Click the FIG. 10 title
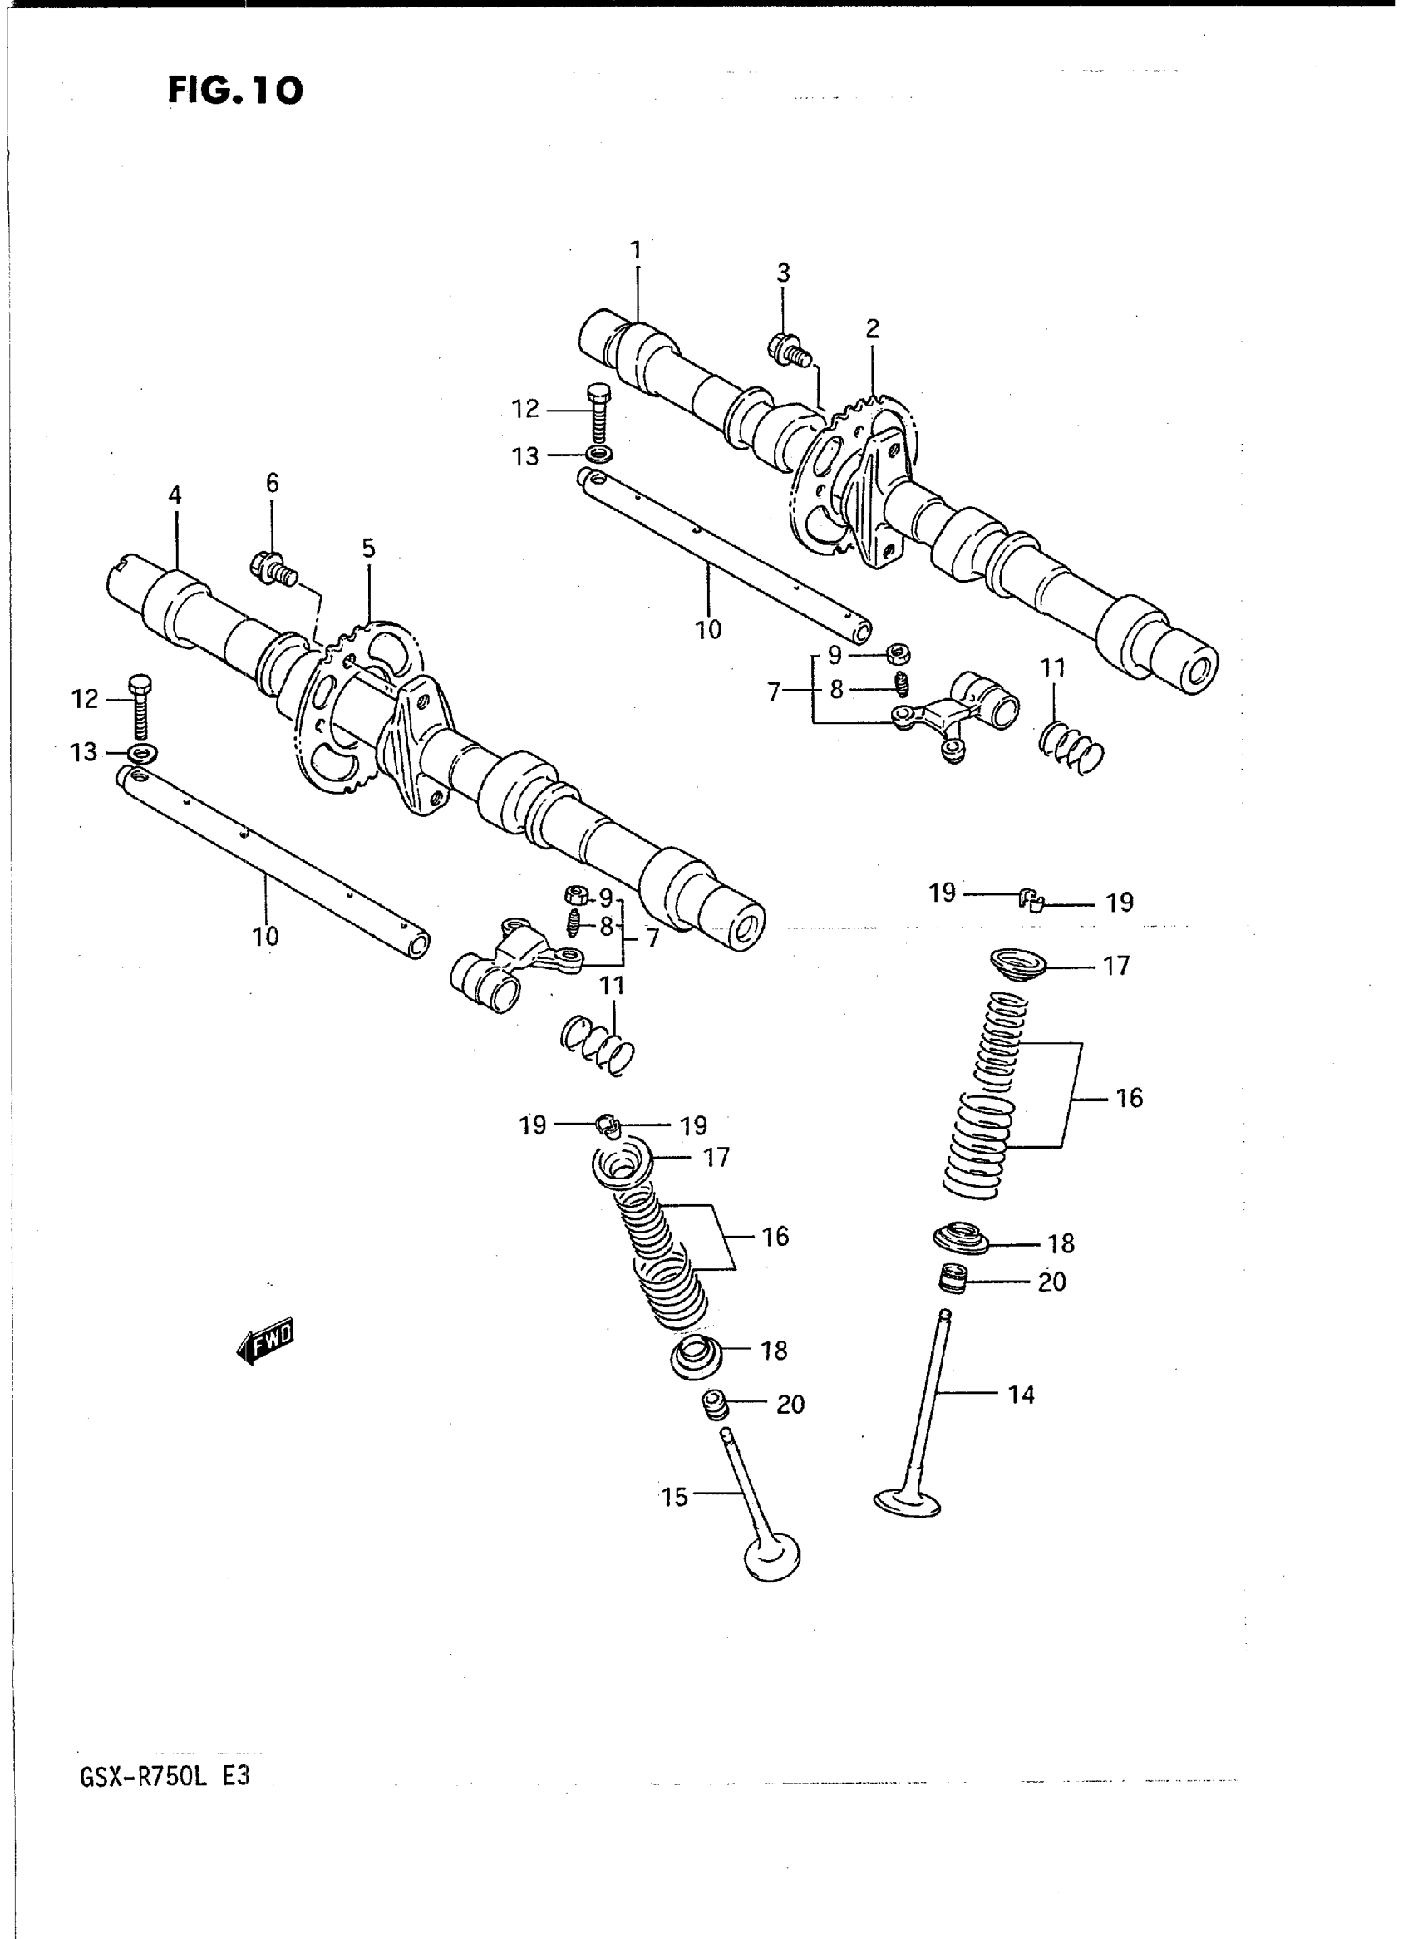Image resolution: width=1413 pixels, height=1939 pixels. tap(234, 90)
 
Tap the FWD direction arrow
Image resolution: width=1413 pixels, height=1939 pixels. tap(266, 1339)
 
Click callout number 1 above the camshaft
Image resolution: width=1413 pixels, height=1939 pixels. tap(636, 250)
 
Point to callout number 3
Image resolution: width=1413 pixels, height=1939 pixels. tap(783, 273)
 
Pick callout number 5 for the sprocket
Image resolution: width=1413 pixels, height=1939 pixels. tap(369, 549)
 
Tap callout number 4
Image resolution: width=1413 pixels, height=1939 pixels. tap(175, 495)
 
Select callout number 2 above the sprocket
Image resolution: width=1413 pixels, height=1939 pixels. tap(872, 328)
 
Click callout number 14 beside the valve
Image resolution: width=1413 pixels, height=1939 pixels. tap(1022, 1395)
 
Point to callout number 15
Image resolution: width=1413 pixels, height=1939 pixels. tap(675, 1497)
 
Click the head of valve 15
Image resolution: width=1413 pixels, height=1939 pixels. tap(772, 1558)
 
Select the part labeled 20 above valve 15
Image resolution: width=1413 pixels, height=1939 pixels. tap(715, 1403)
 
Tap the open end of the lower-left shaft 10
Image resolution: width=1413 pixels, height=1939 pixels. tap(418, 946)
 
